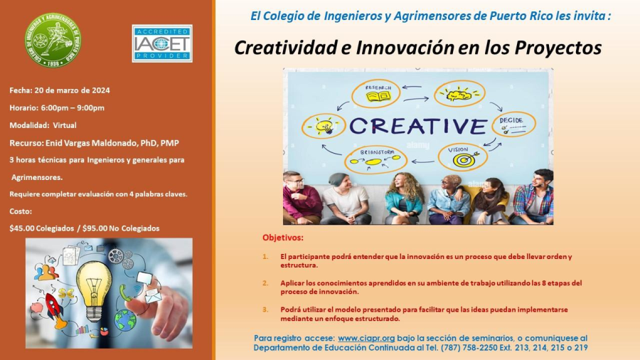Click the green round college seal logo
(53, 41)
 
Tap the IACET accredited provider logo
(162, 43)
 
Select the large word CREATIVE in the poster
(418, 126)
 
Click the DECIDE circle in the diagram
(513, 124)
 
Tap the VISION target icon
(466, 159)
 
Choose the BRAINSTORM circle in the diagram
(375, 159)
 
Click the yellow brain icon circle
(459, 94)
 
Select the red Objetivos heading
(283, 238)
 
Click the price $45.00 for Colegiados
(22, 228)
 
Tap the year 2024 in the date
(101, 90)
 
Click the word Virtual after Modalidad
(65, 125)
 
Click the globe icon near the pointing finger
(125, 320)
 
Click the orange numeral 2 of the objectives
(265, 283)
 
